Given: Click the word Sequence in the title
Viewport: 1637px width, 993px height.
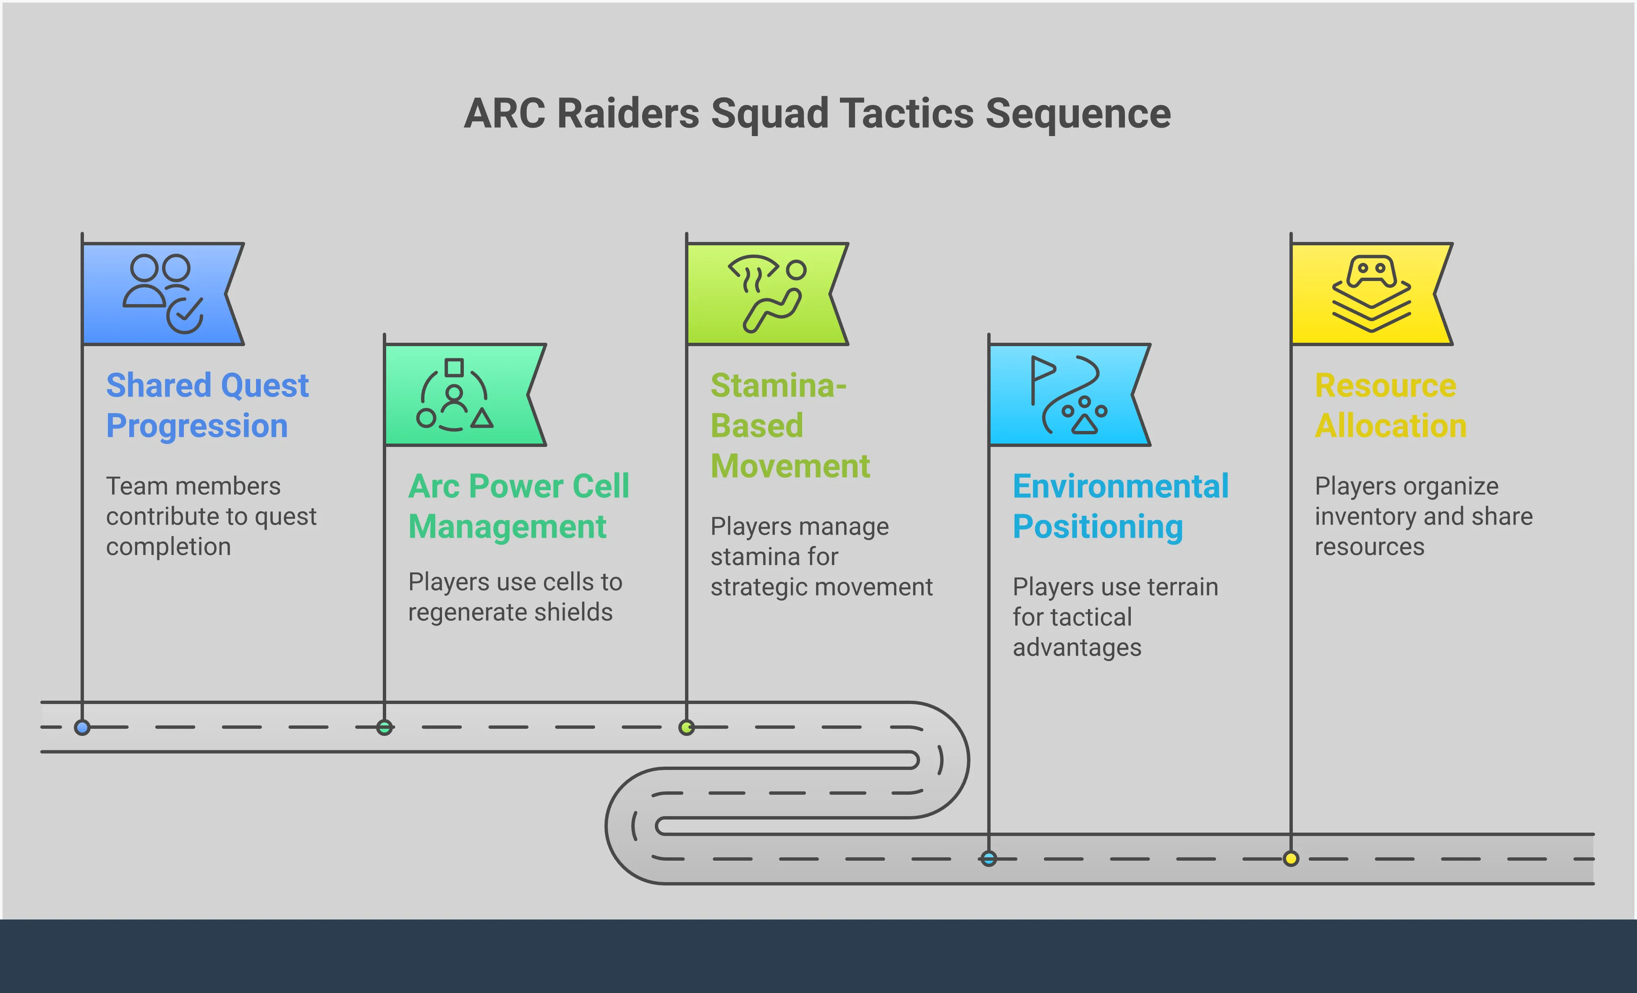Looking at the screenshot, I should coord(1077,114).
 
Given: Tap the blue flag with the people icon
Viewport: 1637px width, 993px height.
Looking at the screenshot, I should coord(160,294).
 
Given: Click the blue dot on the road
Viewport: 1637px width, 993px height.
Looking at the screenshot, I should coord(82,727).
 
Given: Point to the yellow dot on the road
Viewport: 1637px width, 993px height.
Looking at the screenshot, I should coord(1291,859).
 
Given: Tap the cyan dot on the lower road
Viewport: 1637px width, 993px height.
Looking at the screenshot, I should coord(988,859).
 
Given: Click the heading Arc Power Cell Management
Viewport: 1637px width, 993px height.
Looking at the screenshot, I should coord(518,507).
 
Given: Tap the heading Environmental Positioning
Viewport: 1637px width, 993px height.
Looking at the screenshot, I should coord(1120,507).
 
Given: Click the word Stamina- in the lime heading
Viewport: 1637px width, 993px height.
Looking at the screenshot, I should coord(778,386).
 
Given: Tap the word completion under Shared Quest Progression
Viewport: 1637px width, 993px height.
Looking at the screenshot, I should coord(168,547).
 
